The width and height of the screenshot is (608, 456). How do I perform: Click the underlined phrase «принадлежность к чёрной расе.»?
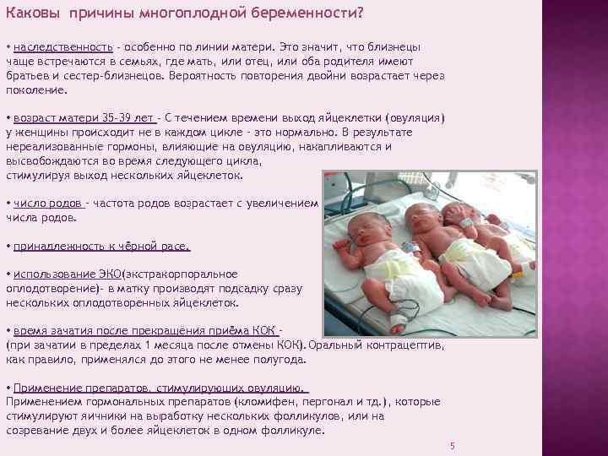pyautogui.click(x=101, y=247)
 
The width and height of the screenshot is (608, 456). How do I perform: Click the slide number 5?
pyautogui.click(x=453, y=445)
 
